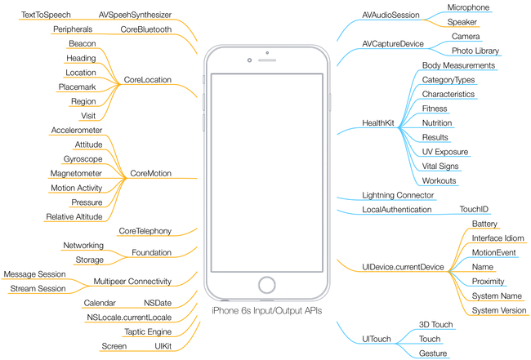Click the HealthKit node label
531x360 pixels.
pos(378,123)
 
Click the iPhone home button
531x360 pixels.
pos(266,284)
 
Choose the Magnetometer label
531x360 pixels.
pos(76,173)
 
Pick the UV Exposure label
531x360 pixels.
pos(445,152)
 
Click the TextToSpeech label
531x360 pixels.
pos(46,15)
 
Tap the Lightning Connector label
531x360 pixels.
pos(398,196)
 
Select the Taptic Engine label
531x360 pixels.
pos(148,331)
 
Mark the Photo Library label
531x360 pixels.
pos(475,51)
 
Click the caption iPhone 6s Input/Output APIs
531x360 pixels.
pos(266,311)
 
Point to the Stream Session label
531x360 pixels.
pos(38,288)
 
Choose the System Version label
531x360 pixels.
pos(499,310)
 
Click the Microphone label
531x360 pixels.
pos(468,7)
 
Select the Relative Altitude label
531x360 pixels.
pos(74,216)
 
